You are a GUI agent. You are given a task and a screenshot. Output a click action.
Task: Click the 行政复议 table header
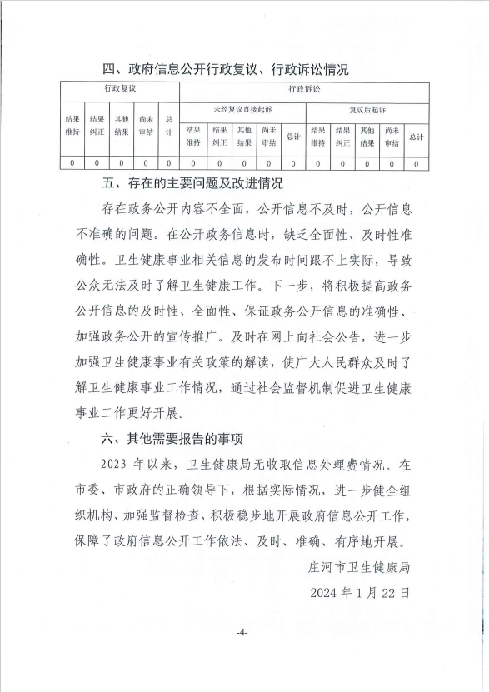click(119, 87)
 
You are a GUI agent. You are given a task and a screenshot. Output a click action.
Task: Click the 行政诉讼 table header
click(304, 87)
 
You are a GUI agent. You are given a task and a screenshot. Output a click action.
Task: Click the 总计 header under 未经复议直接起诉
click(292, 136)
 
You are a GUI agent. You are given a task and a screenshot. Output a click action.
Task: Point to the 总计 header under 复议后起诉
click(416, 136)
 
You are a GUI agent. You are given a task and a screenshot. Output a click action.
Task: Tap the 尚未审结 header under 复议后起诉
click(392, 136)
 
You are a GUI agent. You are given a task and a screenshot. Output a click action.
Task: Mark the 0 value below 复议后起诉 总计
click(416, 163)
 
